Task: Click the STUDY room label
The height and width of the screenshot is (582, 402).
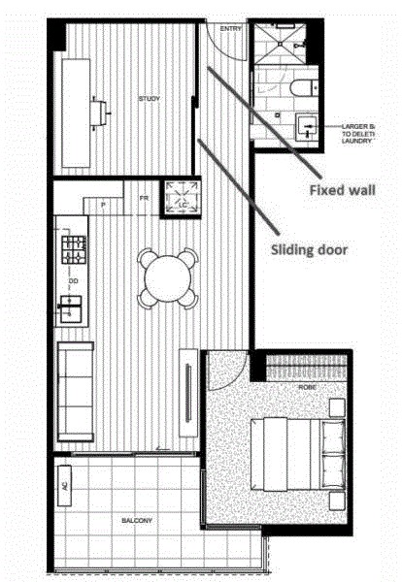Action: tap(150, 99)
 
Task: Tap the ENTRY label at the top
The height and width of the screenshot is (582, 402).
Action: tap(231, 29)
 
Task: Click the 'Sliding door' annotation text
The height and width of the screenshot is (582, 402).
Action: tap(308, 248)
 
